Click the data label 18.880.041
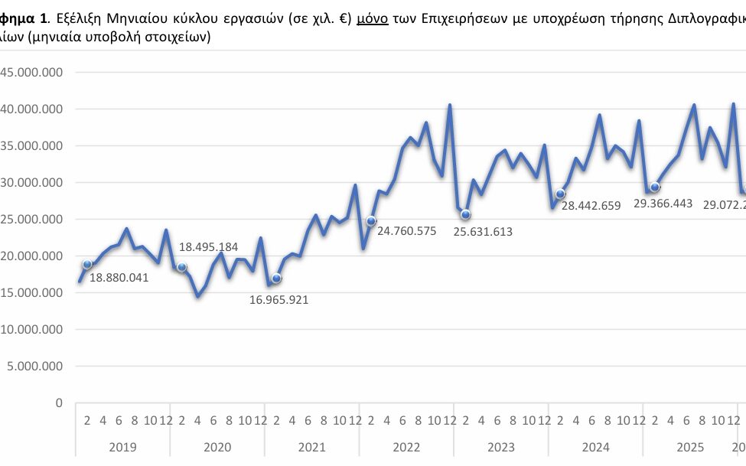[119, 278]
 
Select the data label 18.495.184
[208, 247]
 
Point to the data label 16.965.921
[279, 299]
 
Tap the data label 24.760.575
[401, 230]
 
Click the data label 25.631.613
[483, 232]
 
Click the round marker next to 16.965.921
[276, 279]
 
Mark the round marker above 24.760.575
[371, 221]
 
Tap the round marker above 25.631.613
[465, 214]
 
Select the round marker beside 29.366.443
[655, 187]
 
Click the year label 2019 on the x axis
[122, 447]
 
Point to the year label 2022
[406, 447]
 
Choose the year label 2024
[596, 447]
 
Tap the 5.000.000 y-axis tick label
[35, 367]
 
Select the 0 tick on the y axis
[58, 403]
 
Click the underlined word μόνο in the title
[371, 19]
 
